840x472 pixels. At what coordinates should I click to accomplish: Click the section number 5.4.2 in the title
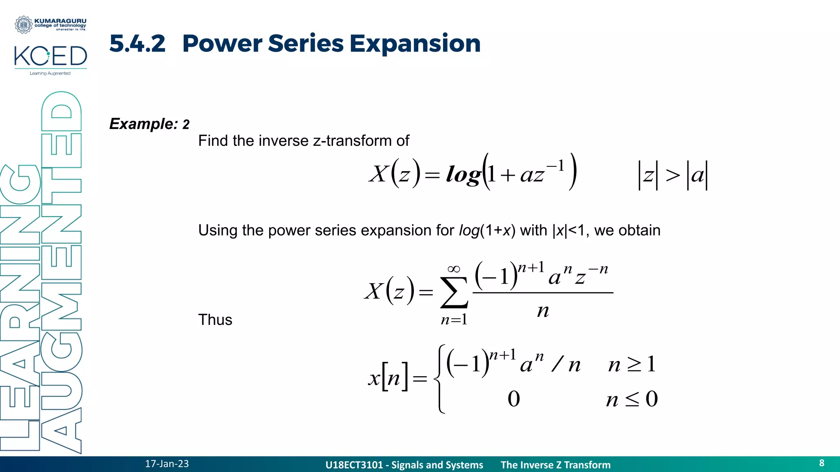click(137, 43)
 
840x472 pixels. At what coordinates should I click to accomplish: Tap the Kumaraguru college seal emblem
click(23, 25)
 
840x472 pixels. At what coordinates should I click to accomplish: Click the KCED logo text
click(50, 57)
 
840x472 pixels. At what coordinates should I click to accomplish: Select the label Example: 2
click(149, 124)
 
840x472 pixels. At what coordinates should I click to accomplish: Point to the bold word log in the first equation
click(463, 175)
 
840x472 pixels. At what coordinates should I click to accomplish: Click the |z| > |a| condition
click(673, 175)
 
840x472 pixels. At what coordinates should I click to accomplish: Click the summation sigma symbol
click(454, 293)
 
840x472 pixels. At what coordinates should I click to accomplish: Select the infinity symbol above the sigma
click(454, 269)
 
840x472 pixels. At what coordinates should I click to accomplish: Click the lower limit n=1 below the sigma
click(454, 320)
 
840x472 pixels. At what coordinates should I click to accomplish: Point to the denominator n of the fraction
click(543, 311)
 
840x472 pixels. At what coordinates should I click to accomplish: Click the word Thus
click(215, 320)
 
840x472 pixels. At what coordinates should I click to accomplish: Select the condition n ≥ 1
click(632, 364)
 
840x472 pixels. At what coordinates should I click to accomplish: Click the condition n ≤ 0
click(632, 399)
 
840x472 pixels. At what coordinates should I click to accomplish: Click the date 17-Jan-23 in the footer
click(167, 464)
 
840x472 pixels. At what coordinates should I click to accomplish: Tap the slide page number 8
click(822, 463)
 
